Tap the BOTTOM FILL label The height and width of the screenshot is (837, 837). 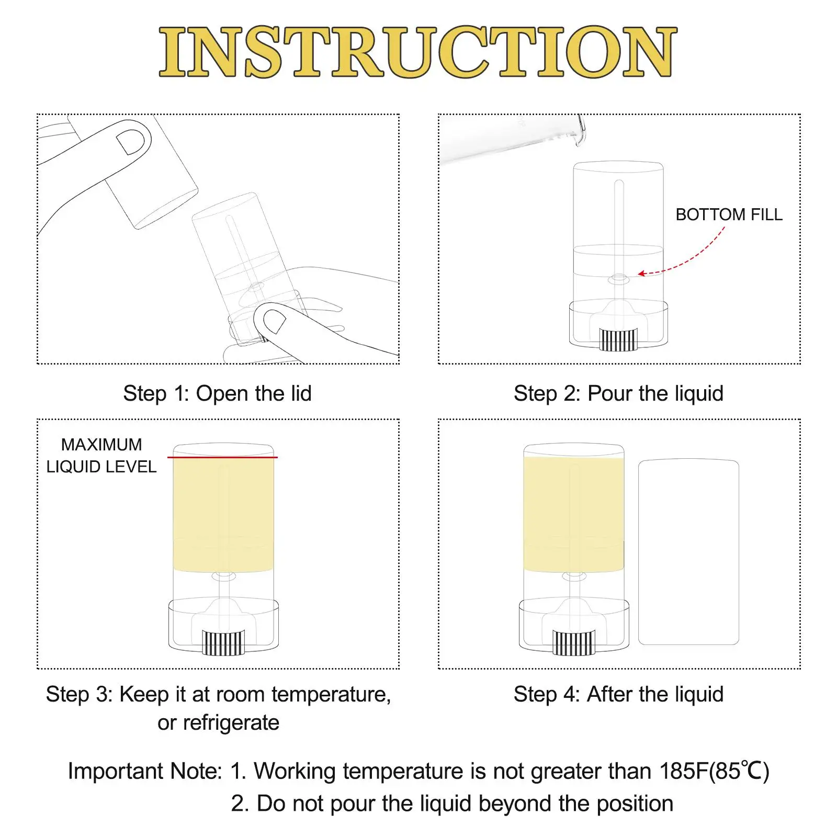[729, 214]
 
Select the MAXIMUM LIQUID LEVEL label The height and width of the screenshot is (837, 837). [101, 456]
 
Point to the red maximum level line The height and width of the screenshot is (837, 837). [222, 457]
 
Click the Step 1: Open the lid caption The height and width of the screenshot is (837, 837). [217, 393]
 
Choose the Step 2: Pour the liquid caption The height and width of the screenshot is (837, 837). [618, 393]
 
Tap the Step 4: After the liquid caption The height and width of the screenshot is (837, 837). [618, 694]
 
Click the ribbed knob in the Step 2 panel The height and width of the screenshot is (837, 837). [619, 340]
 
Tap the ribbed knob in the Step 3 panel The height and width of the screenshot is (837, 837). [223, 643]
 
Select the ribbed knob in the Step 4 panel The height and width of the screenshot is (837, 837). [574, 643]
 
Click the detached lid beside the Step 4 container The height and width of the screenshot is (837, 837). [688, 552]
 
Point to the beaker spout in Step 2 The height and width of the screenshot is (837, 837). [580, 131]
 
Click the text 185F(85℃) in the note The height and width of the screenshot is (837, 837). [714, 771]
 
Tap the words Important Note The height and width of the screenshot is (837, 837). [145, 771]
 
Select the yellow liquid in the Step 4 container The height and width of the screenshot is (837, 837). [574, 514]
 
